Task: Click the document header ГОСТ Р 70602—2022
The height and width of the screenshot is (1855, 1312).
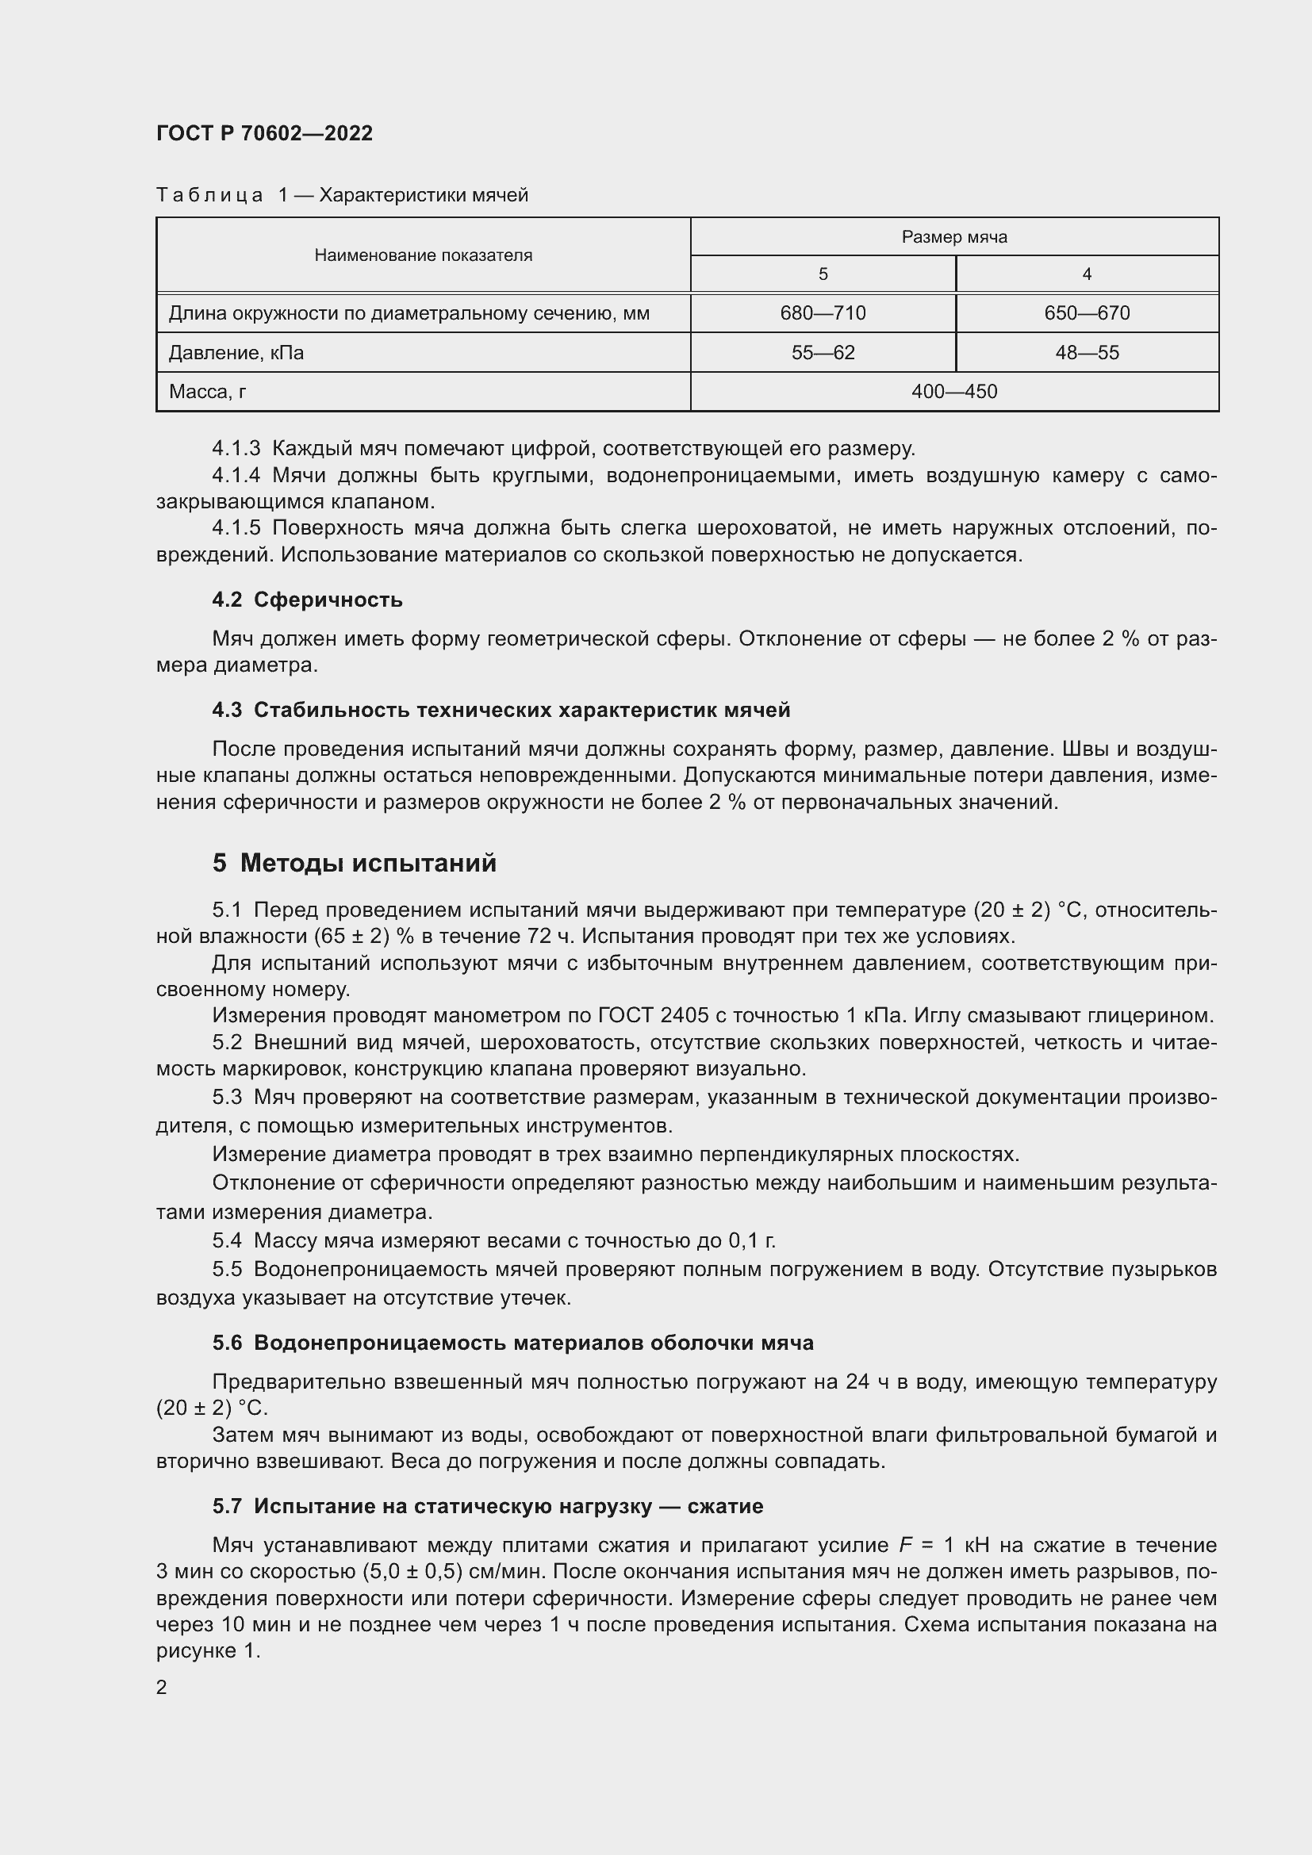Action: point(264,133)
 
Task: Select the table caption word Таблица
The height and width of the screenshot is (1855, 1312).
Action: point(209,196)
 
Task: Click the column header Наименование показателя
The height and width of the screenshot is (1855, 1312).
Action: point(423,255)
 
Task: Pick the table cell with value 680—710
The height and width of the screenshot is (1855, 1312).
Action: point(823,312)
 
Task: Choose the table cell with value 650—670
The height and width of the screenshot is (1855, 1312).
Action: point(1086,312)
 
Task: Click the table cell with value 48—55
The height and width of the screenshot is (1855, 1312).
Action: point(1086,352)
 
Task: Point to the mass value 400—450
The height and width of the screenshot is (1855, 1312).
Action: point(953,392)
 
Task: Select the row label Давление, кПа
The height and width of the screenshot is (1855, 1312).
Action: point(236,352)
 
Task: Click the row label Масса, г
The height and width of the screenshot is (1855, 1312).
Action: point(208,392)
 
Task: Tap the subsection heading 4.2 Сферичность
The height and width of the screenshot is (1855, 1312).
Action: point(307,600)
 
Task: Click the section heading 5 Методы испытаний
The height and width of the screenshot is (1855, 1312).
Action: point(354,863)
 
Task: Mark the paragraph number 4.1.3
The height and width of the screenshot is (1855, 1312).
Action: point(236,448)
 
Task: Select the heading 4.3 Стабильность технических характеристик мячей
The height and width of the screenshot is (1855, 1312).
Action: point(501,710)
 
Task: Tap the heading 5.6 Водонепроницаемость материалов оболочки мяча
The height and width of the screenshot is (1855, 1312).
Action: point(513,1343)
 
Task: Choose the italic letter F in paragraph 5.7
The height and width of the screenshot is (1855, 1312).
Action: point(905,1546)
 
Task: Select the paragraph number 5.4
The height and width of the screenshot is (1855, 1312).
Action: point(227,1240)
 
